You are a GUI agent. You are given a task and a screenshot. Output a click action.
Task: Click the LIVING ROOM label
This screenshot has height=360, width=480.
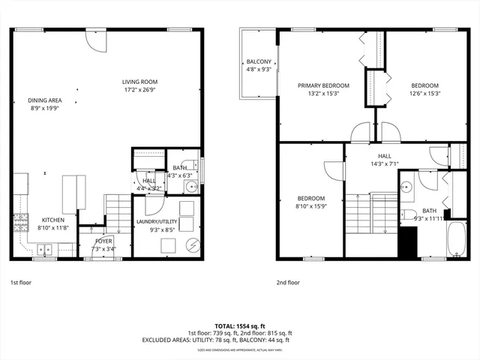click(140, 82)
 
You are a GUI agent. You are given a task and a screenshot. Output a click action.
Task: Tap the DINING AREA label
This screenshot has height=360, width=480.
click(45, 100)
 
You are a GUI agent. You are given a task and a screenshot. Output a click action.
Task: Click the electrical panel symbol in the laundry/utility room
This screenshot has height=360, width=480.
click(193, 244)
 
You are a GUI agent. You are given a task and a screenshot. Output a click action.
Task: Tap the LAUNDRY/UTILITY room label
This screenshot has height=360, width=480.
click(157, 221)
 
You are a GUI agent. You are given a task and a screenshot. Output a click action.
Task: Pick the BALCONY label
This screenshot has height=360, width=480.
click(258, 61)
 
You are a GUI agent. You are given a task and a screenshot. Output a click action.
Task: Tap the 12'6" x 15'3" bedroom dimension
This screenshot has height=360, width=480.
click(424, 94)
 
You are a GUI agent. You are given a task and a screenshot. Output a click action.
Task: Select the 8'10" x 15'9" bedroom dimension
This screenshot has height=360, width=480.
click(310, 206)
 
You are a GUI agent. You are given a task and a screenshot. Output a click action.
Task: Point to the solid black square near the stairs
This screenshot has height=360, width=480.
click(407, 241)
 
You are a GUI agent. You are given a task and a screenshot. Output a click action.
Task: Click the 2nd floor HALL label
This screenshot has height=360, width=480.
click(385, 156)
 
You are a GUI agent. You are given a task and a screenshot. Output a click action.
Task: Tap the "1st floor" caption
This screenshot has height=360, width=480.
click(22, 283)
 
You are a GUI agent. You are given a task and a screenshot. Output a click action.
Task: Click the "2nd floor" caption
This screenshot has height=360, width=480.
click(288, 283)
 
